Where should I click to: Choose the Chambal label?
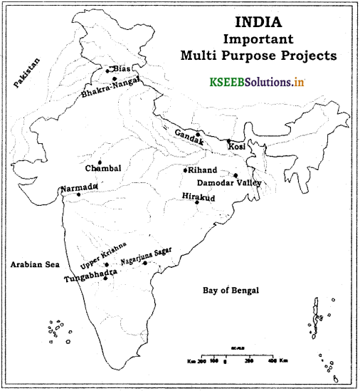(x=104, y=170)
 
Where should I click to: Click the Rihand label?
(x=202, y=170)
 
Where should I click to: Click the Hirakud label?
(x=196, y=196)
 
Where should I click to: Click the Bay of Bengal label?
(x=231, y=291)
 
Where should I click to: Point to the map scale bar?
(x=235, y=355)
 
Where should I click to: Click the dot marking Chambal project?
(x=100, y=162)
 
